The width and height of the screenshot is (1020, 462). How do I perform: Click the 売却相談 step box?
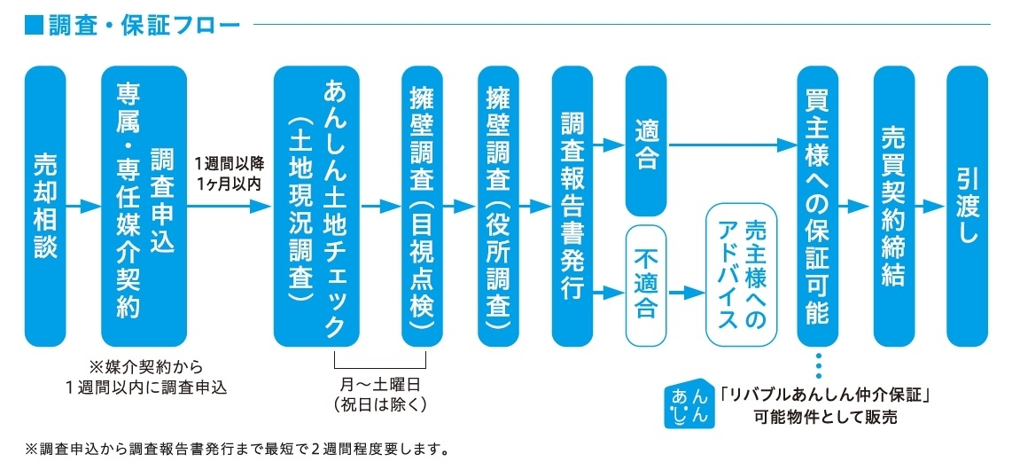[x=45, y=206]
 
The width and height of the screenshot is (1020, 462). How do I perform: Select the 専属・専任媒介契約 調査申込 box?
[x=144, y=206]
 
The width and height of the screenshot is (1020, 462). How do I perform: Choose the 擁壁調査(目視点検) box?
[x=422, y=206]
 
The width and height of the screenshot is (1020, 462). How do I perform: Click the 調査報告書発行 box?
[x=572, y=206]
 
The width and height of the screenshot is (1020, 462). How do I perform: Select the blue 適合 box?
[x=646, y=142]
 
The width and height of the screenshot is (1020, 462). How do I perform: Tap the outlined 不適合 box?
[x=646, y=285]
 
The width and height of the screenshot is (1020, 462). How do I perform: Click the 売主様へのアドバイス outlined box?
[x=741, y=275]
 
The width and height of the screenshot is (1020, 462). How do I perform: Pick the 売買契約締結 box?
[x=893, y=206]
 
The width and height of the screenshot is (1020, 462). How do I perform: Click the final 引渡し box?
[x=967, y=206]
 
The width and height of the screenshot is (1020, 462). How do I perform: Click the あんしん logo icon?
[x=688, y=404]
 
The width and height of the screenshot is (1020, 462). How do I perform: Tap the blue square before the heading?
[x=34, y=24]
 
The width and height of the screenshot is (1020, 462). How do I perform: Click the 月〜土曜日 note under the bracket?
[x=380, y=395]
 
